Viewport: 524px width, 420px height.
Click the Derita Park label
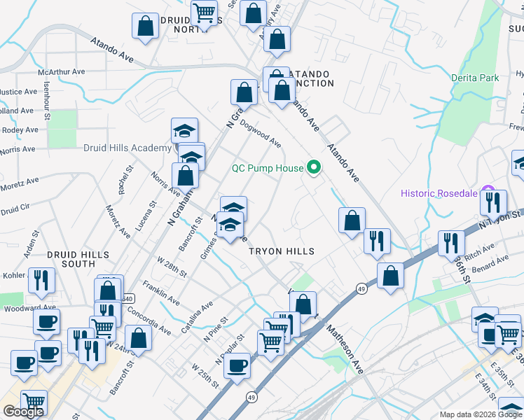click(475, 78)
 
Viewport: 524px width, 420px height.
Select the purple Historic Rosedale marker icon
click(489, 192)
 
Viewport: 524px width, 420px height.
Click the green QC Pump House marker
click(314, 167)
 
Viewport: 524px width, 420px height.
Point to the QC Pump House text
click(268, 168)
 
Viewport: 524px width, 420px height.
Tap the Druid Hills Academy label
click(127, 148)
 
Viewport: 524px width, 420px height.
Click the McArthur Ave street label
click(62, 71)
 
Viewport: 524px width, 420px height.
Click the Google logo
click(23, 412)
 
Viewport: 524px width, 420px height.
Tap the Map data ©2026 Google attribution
click(481, 414)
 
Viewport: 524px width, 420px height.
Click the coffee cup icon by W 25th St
click(237, 365)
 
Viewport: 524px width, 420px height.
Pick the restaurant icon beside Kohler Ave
click(41, 280)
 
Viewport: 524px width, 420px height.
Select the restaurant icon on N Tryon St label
click(492, 202)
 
